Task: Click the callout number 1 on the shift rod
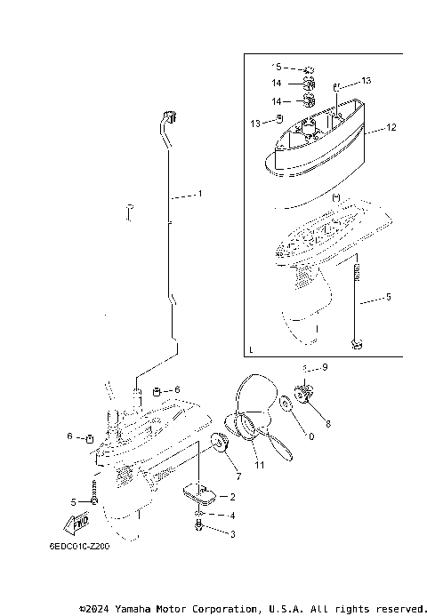pos(200,193)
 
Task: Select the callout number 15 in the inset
pos(277,67)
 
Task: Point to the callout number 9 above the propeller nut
pos(325,367)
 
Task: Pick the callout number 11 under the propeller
pos(260,465)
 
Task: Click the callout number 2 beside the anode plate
pos(233,497)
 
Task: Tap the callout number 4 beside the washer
pos(233,516)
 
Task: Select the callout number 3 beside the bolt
pos(233,534)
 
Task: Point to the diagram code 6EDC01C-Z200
pos(80,548)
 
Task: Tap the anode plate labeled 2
pos(197,489)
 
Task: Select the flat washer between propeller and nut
pos(285,406)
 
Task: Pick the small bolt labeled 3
pos(199,527)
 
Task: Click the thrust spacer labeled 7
pos(217,442)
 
